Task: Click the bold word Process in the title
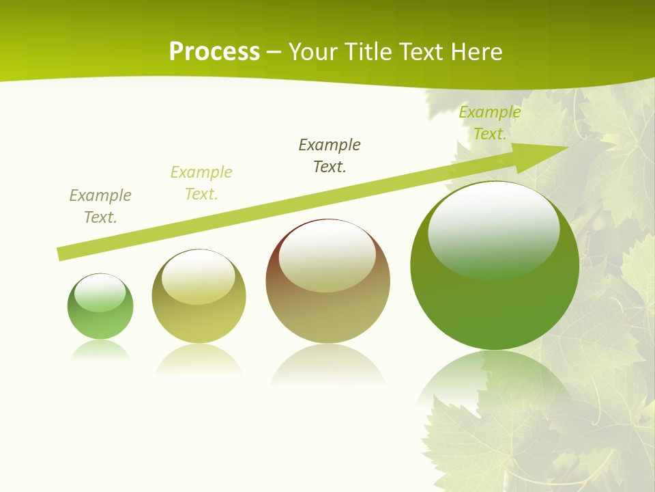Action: click(x=214, y=52)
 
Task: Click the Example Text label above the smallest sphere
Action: click(x=100, y=206)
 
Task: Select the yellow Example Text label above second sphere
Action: click(x=201, y=183)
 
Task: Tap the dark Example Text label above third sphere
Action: click(x=330, y=156)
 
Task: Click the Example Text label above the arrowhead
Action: click(x=490, y=123)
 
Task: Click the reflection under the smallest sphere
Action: click(x=100, y=350)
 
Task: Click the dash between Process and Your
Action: click(x=274, y=52)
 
